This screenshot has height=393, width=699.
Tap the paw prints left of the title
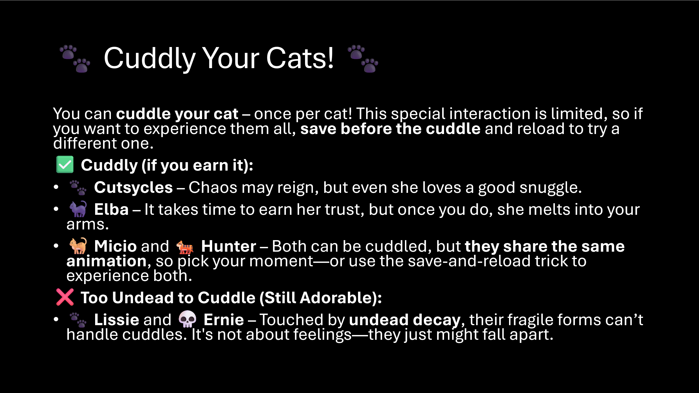(x=75, y=59)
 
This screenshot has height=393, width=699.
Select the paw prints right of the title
(x=363, y=59)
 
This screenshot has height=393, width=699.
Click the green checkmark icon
(x=65, y=164)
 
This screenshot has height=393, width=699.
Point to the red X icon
(x=65, y=297)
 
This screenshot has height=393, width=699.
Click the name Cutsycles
(x=133, y=187)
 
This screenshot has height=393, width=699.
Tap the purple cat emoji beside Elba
(x=78, y=209)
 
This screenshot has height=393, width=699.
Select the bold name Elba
(x=111, y=209)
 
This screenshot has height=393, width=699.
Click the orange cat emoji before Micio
(x=78, y=246)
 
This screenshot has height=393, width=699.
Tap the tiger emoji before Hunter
(x=185, y=247)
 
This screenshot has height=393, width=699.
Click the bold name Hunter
(x=228, y=246)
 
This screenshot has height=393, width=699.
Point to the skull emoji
(x=187, y=319)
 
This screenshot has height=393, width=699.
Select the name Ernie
(x=224, y=320)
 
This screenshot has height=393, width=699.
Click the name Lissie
(x=117, y=320)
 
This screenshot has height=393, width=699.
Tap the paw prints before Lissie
(x=78, y=320)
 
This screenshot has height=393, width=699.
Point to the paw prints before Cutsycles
(x=78, y=188)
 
